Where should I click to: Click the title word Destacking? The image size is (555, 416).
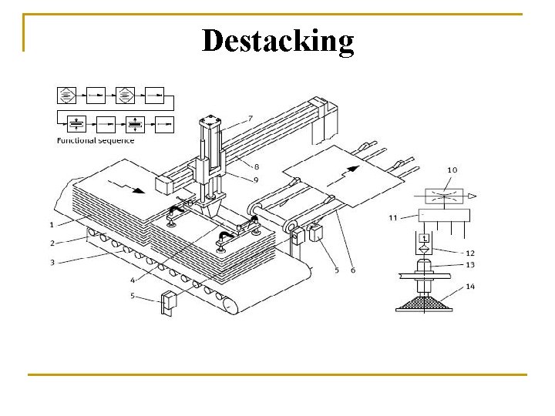point(277,40)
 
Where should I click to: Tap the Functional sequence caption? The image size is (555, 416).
point(96,140)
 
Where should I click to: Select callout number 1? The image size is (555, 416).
point(52,225)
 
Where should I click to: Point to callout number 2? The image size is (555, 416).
point(52,243)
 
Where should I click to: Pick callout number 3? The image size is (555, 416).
point(52,262)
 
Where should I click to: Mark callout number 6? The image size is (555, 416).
point(352,270)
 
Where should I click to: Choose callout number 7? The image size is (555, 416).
point(250,118)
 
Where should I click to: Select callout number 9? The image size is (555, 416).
point(257,180)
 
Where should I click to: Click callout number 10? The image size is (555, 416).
point(452,170)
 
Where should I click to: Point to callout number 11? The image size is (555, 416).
point(392,218)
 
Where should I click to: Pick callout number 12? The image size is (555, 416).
point(470,253)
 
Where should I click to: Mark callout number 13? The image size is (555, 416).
point(470,265)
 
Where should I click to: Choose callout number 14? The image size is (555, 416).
point(470,287)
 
